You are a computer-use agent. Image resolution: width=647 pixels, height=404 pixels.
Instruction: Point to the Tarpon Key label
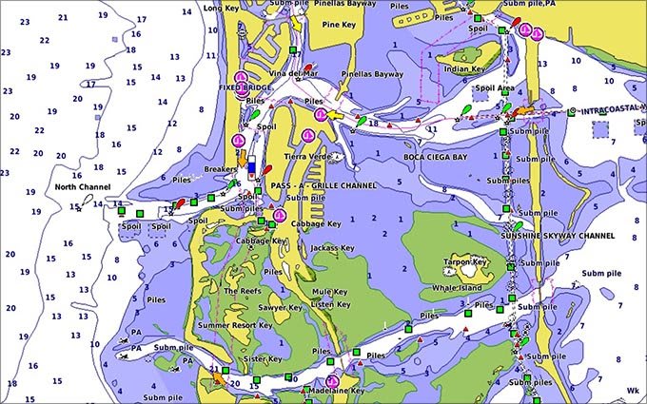click(467, 261)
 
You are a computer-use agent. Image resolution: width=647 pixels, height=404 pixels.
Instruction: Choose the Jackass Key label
click(331, 249)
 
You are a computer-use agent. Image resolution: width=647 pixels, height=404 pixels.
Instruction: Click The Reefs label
click(242, 291)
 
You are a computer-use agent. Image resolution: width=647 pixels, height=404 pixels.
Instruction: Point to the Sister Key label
click(263, 359)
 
